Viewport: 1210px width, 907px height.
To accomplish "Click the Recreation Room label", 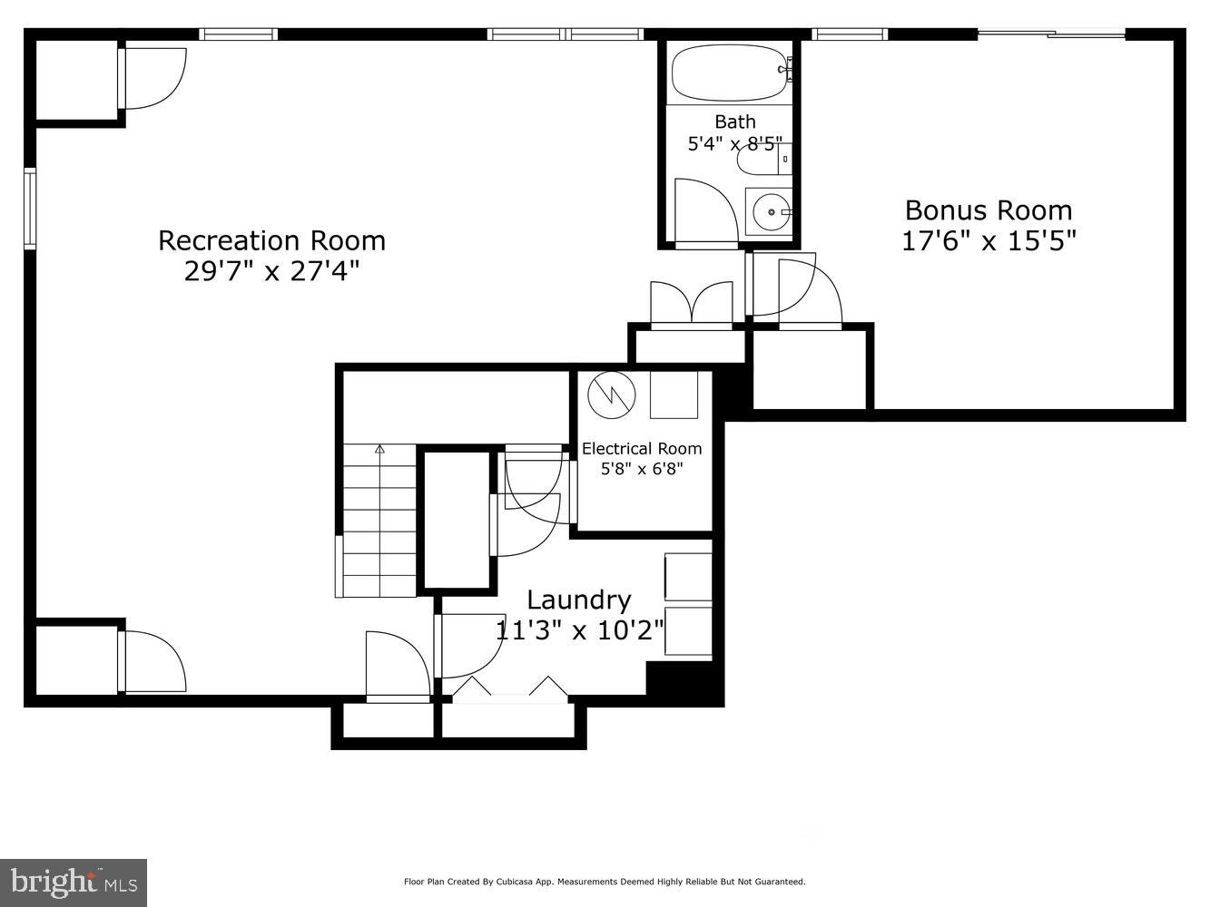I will pyautogui.click(x=271, y=240).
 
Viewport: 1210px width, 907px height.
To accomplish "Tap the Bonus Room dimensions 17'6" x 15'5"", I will pyautogui.click(x=989, y=242).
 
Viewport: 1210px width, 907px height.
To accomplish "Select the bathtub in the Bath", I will pyautogui.click(x=728, y=73).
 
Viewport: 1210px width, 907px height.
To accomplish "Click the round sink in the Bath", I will pyautogui.click(x=769, y=211).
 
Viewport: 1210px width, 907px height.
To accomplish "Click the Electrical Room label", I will pyautogui.click(x=642, y=448).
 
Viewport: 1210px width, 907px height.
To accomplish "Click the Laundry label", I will pyautogui.click(x=579, y=600).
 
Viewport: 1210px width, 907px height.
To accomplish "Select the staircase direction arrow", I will pyautogui.click(x=379, y=449).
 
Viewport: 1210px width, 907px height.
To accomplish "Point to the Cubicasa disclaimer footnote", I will pyautogui.click(x=605, y=882).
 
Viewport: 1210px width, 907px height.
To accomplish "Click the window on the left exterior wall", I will pyautogui.click(x=30, y=209).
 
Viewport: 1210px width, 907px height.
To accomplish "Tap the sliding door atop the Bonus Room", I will pyautogui.click(x=1051, y=35).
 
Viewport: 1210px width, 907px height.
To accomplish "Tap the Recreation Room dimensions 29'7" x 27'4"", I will pyautogui.click(x=271, y=271).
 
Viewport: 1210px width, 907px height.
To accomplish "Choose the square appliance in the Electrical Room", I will pyautogui.click(x=674, y=395).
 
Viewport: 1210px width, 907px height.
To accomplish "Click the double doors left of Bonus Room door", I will pyautogui.click(x=692, y=304).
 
